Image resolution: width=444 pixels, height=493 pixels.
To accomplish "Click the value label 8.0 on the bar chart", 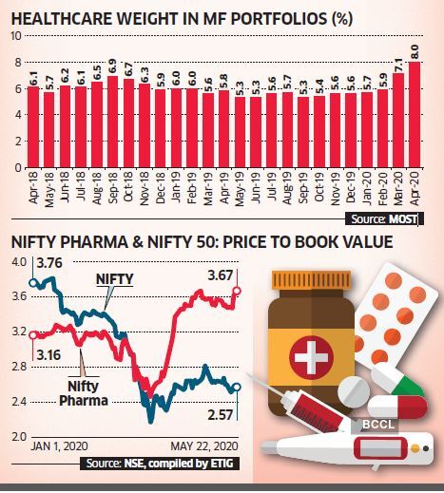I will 415,49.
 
